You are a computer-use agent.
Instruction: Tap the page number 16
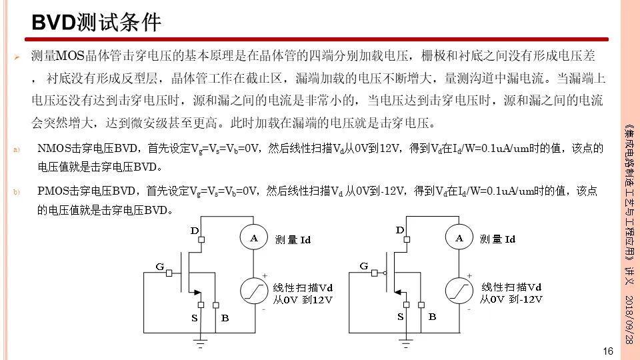[x=607, y=351]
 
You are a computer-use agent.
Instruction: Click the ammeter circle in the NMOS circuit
[x=253, y=238]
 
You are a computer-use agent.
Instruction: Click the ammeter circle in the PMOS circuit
[x=459, y=238]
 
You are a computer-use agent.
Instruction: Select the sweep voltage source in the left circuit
[x=253, y=291]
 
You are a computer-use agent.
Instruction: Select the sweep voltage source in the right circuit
[x=459, y=291]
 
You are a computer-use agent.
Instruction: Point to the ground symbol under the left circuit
[x=199, y=343]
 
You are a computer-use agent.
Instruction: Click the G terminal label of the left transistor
[x=159, y=267]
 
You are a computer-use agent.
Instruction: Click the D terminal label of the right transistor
[x=400, y=230]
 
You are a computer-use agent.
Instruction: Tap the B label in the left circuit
[x=225, y=318]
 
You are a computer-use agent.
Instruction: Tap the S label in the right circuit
[x=401, y=317]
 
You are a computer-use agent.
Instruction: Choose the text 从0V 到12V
[x=302, y=300]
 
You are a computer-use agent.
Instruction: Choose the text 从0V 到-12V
[x=511, y=299]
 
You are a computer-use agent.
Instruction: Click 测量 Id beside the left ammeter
[x=293, y=239]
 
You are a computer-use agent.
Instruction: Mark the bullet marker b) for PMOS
[x=18, y=192]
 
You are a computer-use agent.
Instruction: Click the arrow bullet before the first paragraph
[x=19, y=57]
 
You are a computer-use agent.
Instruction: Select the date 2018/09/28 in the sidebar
[x=629, y=319]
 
